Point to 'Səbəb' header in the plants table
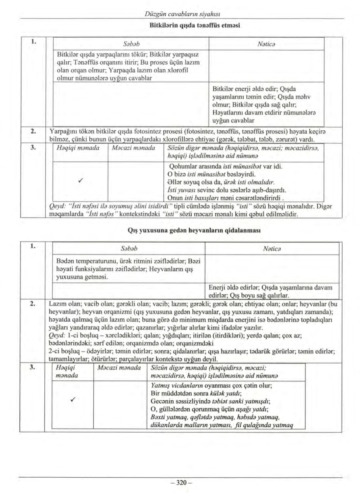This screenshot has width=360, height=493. point(131,44)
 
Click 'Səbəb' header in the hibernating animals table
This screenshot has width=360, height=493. point(129,249)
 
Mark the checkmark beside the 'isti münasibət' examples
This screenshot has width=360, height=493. point(80,181)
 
